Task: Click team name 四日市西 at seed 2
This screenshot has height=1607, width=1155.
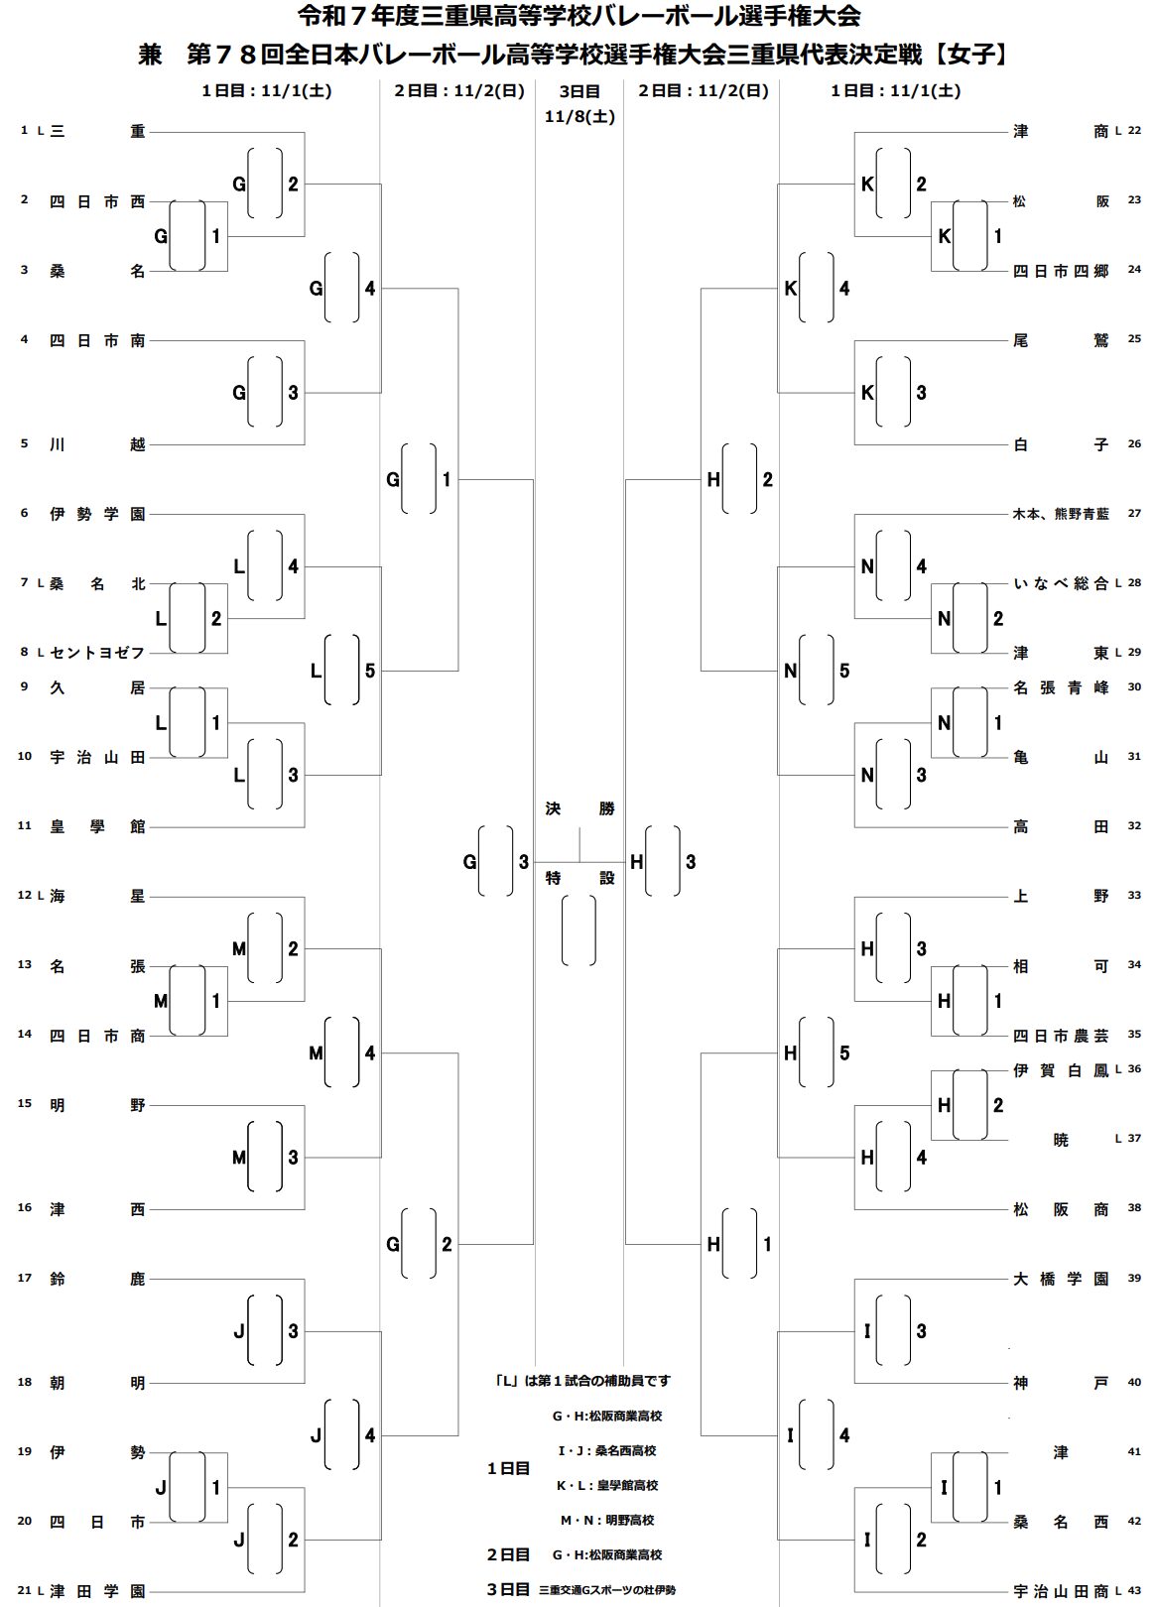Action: [97, 201]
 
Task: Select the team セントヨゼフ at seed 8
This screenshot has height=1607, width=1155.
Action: [97, 653]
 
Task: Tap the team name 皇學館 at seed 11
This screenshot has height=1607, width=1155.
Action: [97, 826]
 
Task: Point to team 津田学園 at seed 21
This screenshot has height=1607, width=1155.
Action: [97, 1591]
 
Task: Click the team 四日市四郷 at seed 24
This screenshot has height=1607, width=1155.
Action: [1061, 271]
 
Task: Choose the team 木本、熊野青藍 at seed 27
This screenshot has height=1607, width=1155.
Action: [1061, 514]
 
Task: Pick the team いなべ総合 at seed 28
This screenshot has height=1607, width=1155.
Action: [1061, 583]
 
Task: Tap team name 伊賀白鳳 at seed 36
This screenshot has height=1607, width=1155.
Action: [1061, 1070]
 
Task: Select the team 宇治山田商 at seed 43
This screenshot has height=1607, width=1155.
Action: [1061, 1591]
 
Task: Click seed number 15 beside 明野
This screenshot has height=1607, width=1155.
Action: [25, 1103]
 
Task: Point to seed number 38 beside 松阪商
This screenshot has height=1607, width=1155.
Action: [1134, 1207]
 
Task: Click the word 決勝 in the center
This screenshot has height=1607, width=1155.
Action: [579, 808]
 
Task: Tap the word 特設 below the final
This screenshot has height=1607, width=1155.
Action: [579, 878]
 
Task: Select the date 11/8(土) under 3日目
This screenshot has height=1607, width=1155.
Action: [579, 116]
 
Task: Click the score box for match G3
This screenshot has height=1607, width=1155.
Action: [496, 861]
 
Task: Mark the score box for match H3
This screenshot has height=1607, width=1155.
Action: [663, 861]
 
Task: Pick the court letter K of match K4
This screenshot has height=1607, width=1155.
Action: [791, 289]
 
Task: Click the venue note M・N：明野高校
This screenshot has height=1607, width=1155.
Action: [607, 1520]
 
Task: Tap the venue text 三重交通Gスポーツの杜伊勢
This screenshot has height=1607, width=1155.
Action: [607, 1589]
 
